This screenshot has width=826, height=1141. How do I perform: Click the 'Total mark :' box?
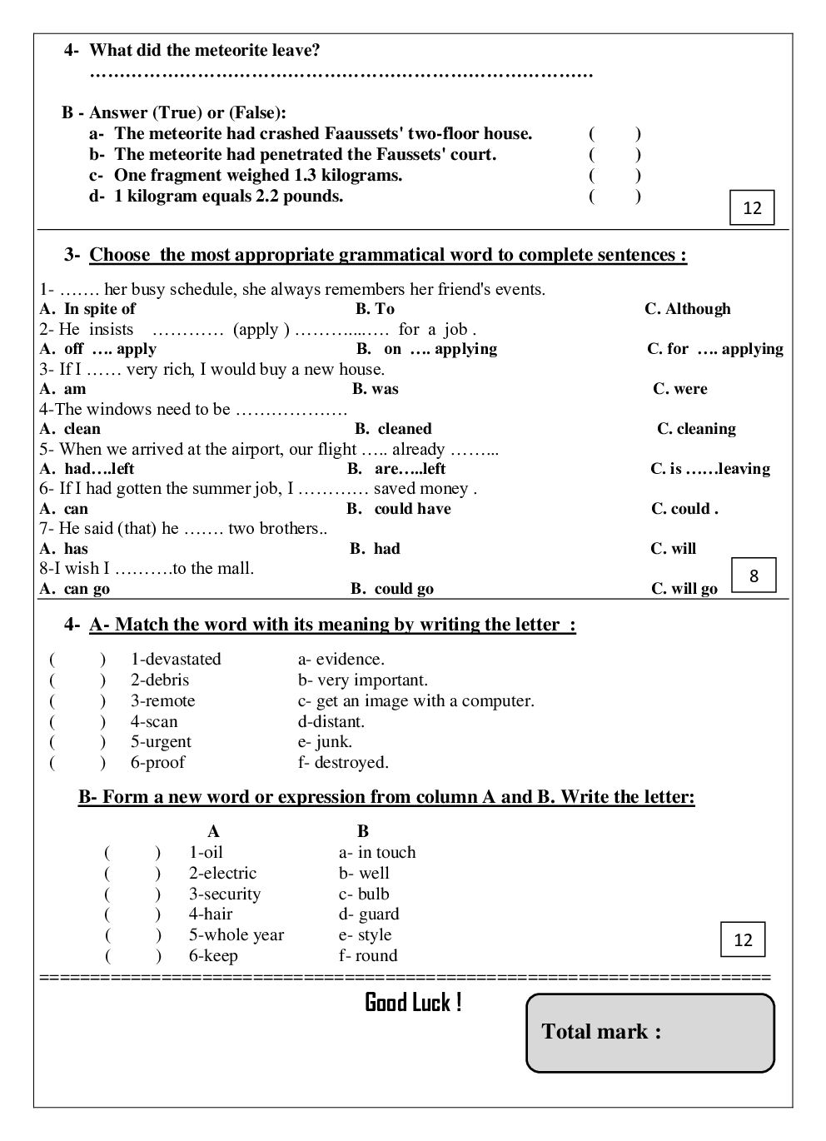click(650, 1032)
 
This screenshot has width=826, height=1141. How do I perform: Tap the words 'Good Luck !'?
click(413, 1002)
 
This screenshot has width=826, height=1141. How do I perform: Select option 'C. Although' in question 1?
click(687, 309)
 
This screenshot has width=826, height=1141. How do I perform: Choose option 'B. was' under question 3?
click(375, 389)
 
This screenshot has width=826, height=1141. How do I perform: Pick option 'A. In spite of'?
click(87, 309)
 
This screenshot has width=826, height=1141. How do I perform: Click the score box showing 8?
click(754, 575)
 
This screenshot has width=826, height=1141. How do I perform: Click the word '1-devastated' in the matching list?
click(176, 660)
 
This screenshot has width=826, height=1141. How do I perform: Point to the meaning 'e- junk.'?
click(325, 742)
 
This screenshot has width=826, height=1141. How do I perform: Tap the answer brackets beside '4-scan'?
click(77, 722)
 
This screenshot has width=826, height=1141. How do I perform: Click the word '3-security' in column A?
click(224, 894)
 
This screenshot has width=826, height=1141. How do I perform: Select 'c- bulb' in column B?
click(364, 894)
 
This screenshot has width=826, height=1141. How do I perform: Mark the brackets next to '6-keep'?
click(132, 956)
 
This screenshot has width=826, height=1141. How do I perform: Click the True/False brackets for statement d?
click(615, 197)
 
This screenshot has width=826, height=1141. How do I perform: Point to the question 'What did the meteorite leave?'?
click(204, 51)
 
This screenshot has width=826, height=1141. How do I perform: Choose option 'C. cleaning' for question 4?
click(696, 429)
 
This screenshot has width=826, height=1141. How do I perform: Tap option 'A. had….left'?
click(87, 469)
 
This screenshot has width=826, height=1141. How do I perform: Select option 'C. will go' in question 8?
click(684, 589)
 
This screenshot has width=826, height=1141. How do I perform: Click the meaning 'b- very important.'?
click(362, 680)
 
